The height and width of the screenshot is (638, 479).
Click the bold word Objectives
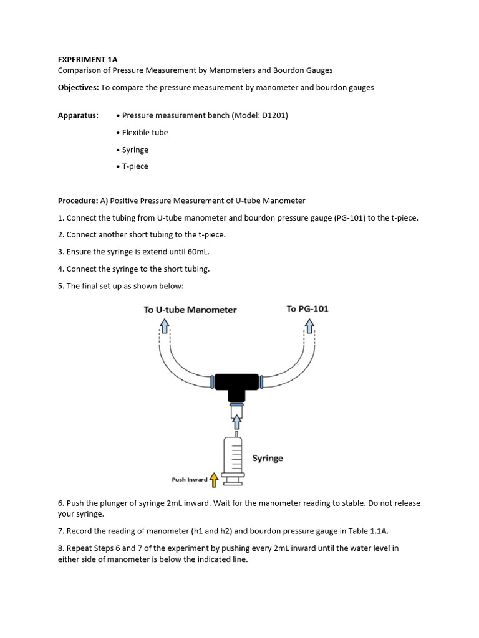(x=78, y=88)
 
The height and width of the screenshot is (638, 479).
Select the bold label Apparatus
(x=78, y=115)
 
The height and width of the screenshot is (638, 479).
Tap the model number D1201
(x=274, y=115)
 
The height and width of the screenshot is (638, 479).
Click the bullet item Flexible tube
(x=145, y=133)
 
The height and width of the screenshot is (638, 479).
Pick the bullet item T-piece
(x=135, y=166)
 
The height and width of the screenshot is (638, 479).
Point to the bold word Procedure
(x=78, y=201)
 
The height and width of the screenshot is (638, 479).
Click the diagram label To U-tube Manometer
(x=190, y=310)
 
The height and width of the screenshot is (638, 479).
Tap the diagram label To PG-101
(x=307, y=309)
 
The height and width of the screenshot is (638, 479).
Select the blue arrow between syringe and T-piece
(x=236, y=422)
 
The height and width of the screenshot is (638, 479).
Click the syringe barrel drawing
(x=233, y=455)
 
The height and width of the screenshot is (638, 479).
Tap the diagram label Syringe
(x=268, y=458)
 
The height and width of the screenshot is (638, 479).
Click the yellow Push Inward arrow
(x=214, y=479)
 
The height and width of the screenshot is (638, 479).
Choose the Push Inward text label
(x=190, y=480)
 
